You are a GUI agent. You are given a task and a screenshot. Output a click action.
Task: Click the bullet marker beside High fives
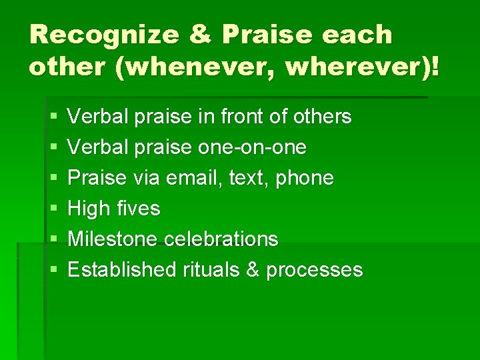tap(53, 209)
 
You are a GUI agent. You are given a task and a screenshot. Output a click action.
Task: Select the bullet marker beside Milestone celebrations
tap(53, 239)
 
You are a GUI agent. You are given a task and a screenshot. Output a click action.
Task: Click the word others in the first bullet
tap(319, 117)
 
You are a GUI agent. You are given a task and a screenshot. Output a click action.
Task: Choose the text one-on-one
tap(253, 147)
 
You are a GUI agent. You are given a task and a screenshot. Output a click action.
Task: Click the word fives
tap(137, 209)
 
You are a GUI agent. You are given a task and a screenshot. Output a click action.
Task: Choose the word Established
tap(121, 270)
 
